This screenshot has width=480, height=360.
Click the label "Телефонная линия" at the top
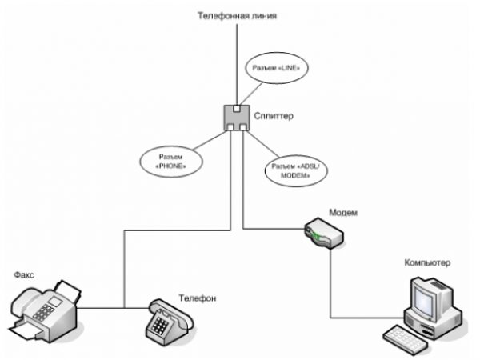pos(238,16)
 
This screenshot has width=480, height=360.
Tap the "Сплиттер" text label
pos(274,117)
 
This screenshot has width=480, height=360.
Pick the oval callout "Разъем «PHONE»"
pos(170,160)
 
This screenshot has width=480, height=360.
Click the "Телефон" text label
pos(198,298)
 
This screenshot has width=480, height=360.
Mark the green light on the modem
pos(318,235)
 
